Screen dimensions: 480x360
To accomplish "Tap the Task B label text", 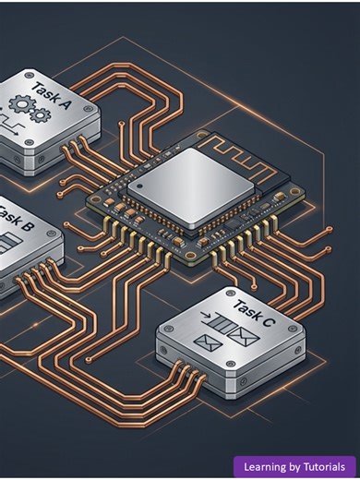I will click(17, 221).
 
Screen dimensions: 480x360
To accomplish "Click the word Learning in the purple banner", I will click(268, 467).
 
